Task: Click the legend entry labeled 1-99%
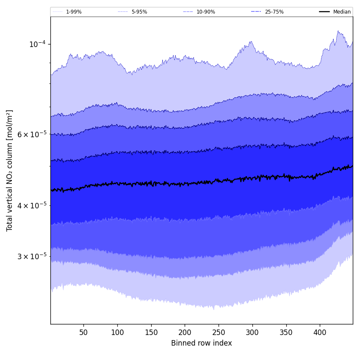point(74,12)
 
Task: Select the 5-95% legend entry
point(139,12)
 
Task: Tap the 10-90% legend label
point(205,12)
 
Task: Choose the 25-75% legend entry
point(274,12)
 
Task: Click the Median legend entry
point(342,12)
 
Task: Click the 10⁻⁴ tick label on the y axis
point(37,44)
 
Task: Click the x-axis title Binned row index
point(202,343)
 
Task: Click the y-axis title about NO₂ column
point(9,171)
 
